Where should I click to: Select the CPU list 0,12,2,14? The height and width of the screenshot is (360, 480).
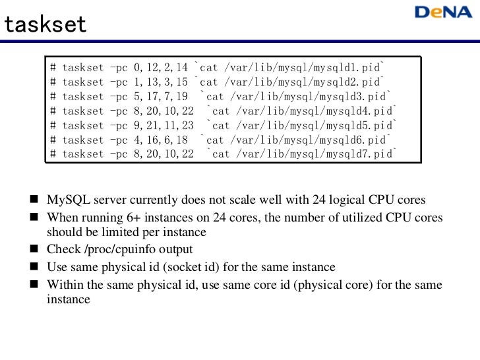coord(160,68)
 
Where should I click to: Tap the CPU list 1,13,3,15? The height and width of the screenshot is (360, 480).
coord(160,82)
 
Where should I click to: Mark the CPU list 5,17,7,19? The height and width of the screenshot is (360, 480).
coord(160,97)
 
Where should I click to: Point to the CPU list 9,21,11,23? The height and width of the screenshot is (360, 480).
coord(164,125)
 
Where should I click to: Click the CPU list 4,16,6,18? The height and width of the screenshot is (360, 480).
coord(160,140)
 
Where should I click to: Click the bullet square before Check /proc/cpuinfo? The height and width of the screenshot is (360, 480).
coord(34,250)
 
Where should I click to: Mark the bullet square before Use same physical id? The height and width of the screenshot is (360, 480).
coord(34,267)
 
